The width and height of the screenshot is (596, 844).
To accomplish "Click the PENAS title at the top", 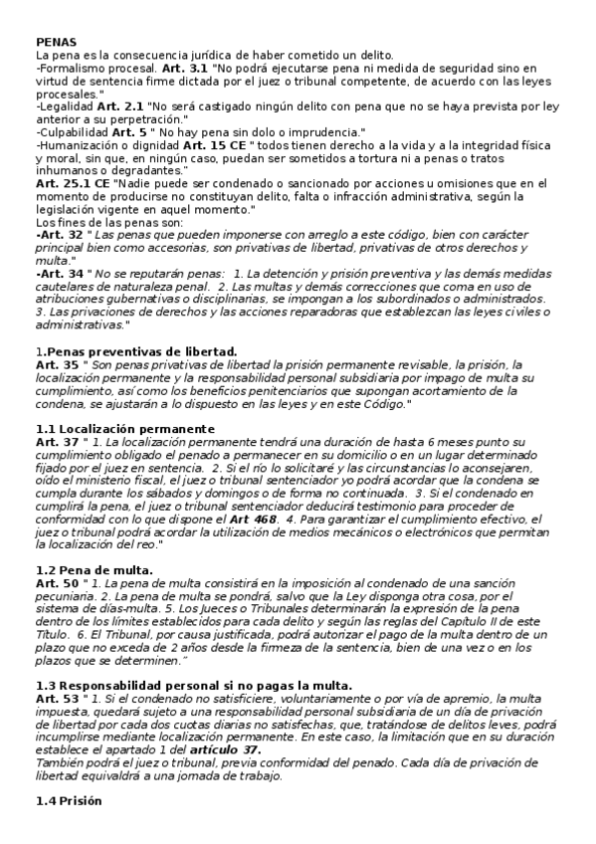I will pyautogui.click(x=56, y=42).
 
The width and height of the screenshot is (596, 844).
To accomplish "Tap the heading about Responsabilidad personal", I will pyautogui.click(x=193, y=686).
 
